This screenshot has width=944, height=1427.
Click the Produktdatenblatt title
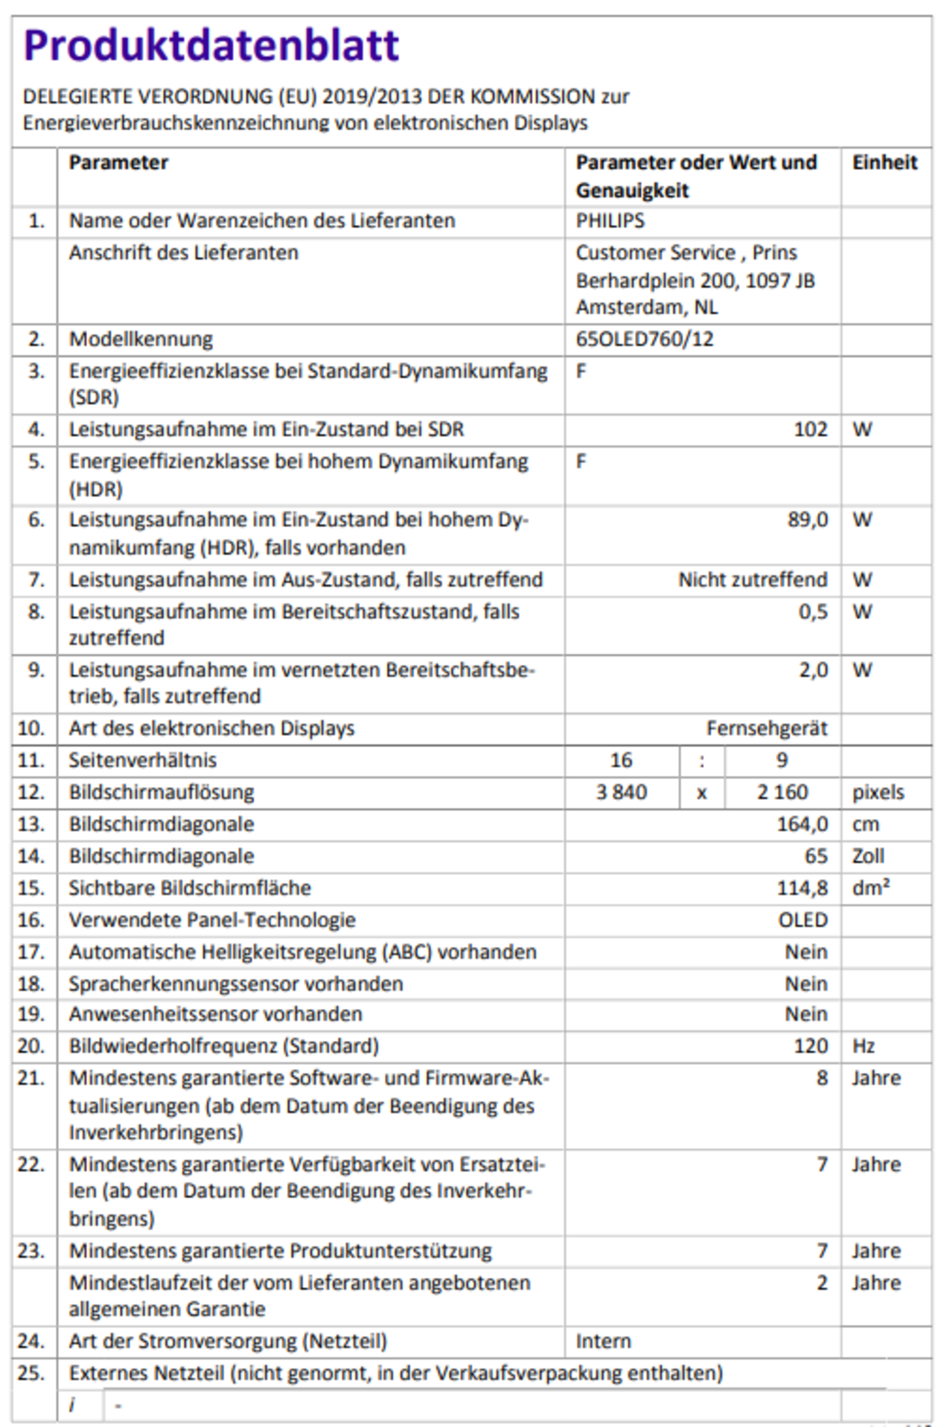[x=211, y=45]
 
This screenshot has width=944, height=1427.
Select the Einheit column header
[x=885, y=162]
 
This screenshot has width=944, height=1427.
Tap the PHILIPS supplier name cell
[x=610, y=220]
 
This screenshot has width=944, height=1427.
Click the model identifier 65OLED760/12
[x=644, y=338]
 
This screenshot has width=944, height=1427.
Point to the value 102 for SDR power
[x=810, y=429]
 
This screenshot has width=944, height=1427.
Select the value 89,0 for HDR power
[x=807, y=520]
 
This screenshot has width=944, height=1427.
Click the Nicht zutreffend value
[x=753, y=580]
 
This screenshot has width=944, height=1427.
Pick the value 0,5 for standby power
[x=813, y=611]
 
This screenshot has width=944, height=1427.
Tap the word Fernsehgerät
[x=767, y=728]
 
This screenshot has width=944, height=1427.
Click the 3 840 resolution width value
[x=621, y=792]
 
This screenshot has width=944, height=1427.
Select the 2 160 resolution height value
[x=782, y=792]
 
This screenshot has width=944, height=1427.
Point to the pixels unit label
[x=878, y=792]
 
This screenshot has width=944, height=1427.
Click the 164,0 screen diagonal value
[x=802, y=824]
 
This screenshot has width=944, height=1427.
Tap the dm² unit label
[x=871, y=888]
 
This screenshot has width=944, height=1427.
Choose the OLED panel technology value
[x=802, y=920]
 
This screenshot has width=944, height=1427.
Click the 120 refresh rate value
[x=810, y=1045]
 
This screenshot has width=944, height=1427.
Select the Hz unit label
[x=863, y=1045]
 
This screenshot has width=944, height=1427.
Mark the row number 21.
[x=31, y=1078]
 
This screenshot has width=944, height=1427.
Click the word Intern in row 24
[x=603, y=1341]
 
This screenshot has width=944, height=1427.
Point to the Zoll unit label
[x=868, y=856]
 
